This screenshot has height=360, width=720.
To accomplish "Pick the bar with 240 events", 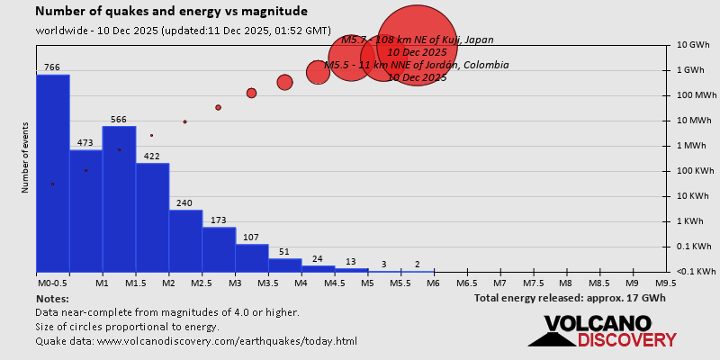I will pyautogui.click(x=185, y=241).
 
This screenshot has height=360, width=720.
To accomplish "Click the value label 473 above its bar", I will pyautogui.click(x=85, y=143).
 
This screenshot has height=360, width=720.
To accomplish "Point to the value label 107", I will pyautogui.click(x=252, y=238).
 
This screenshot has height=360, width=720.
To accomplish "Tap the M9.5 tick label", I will pyautogui.click(x=667, y=283).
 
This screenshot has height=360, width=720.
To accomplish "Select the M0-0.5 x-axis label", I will pyautogui.click(x=52, y=283).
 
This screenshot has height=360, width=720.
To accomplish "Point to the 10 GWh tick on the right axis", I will pyautogui.click(x=694, y=45).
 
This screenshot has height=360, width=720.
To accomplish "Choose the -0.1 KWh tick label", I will pyautogui.click(x=696, y=272).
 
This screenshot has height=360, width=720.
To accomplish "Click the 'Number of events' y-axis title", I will pyautogui.click(x=24, y=160).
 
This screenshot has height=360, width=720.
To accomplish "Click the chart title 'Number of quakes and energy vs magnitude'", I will pyautogui.click(x=171, y=12).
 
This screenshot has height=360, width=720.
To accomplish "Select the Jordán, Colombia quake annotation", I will pyautogui.click(x=416, y=65).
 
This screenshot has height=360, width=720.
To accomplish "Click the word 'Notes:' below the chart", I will pyautogui.click(x=52, y=298).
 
